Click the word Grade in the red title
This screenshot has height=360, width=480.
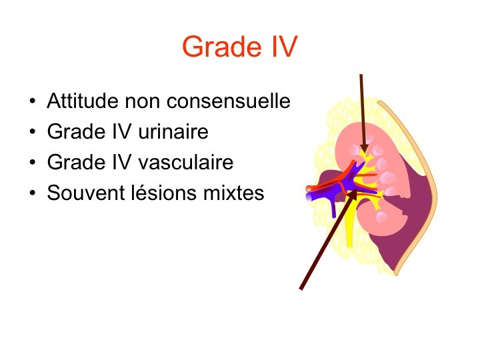pos(222,47)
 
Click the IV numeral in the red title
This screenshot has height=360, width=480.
pos(285,47)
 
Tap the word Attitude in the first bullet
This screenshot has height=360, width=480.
pos(83,101)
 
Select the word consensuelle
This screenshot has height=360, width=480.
pos(229,101)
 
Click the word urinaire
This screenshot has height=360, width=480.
pos(173,131)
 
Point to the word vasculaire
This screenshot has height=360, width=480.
pos(186,162)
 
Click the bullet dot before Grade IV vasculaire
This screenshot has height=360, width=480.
pos(33,162)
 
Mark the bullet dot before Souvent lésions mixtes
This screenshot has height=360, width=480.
pos(33,193)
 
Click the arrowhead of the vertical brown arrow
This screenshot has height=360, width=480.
pos(364,147)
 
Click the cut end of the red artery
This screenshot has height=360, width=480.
pos(309,189)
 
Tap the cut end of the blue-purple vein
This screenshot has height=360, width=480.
pos(309,197)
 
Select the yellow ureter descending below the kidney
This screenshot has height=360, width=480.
pos(349,227)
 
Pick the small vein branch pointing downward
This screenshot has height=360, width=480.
pos(333,208)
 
